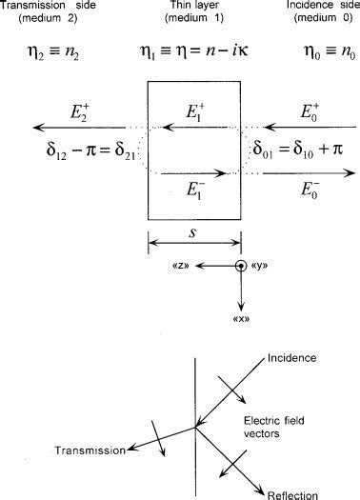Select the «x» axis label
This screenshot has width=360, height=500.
(x=239, y=318)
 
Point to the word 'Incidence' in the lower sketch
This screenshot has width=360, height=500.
(x=292, y=358)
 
